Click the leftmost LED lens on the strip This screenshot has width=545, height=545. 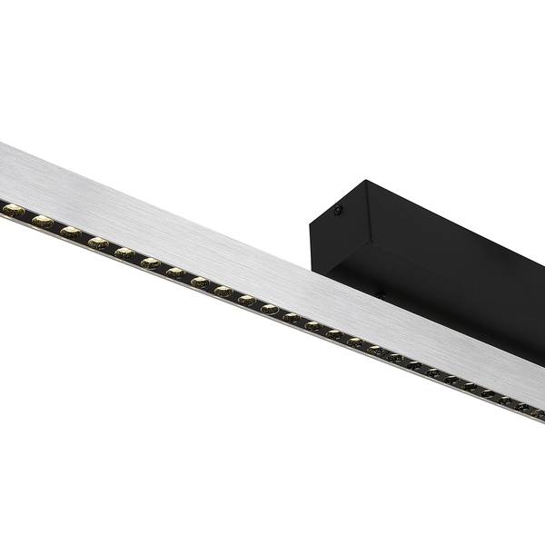click(14, 211)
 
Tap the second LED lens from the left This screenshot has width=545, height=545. click(43, 221)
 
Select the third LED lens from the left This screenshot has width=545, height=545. click(71, 232)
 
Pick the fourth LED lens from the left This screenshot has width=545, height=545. click(98, 243)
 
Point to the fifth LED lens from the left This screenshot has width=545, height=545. click(125, 253)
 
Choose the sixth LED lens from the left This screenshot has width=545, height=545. click(151, 263)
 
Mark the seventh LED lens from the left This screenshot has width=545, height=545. click(175, 272)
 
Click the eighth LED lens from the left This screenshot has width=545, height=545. click(200, 282)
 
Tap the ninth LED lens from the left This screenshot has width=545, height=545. click(223, 292)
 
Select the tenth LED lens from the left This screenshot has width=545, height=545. click(247, 301)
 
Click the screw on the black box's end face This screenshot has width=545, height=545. click(338, 212)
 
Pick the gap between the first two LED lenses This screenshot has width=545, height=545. click(28, 216)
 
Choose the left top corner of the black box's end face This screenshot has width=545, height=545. click(309, 218)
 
